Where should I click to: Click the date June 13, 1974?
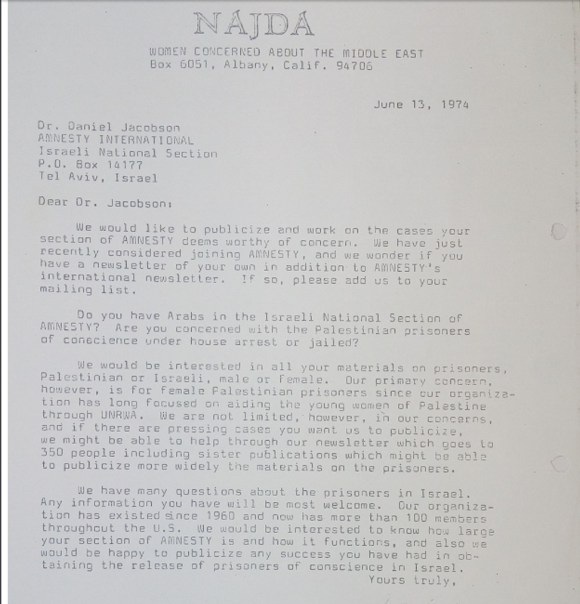421,104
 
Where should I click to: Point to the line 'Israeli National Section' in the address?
127,153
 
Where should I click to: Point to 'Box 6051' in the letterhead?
175,67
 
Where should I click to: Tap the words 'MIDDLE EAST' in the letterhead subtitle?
390,54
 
